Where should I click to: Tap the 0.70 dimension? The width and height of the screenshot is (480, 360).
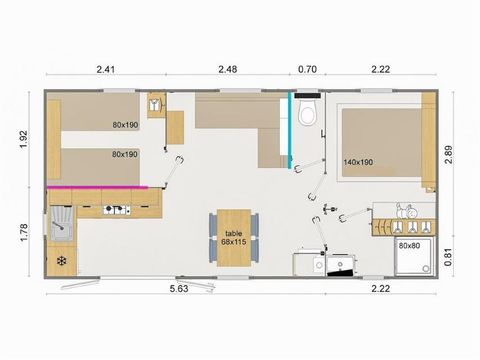307,69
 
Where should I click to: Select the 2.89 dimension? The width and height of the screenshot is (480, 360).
451,153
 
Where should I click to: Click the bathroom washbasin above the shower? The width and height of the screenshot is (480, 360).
406,212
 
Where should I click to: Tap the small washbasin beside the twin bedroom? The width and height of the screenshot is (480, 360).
156,103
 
